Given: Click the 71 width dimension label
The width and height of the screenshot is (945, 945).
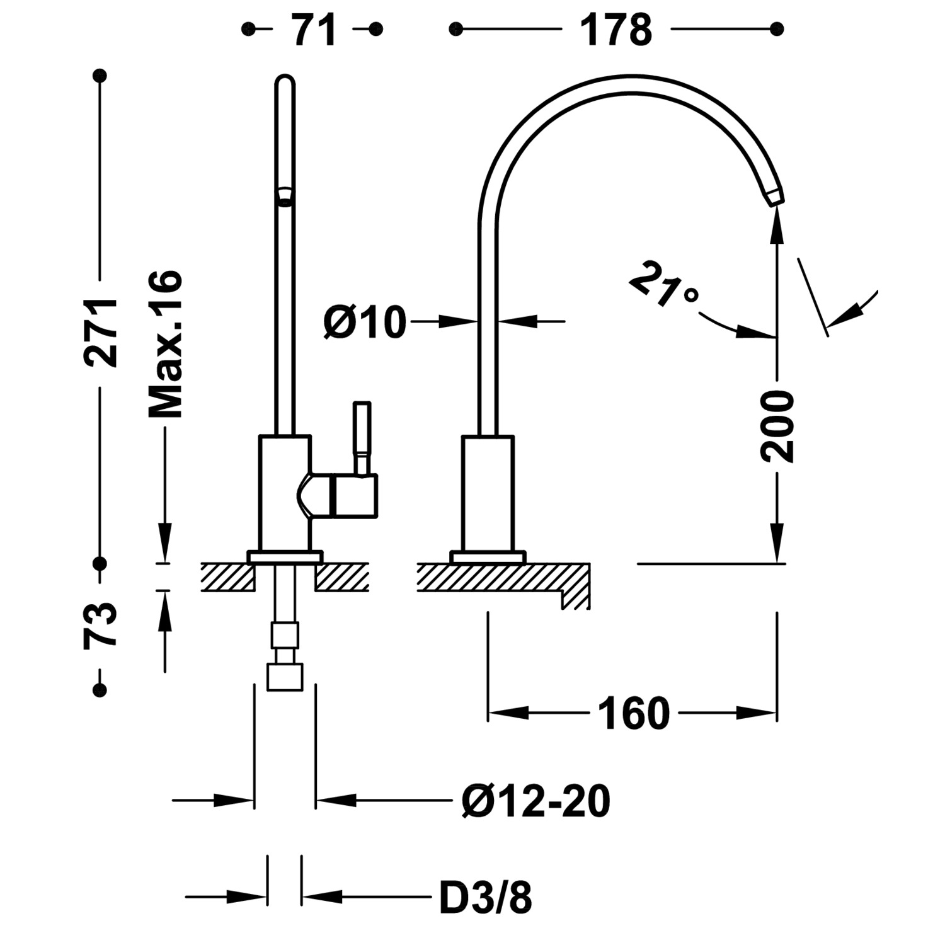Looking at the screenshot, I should point(314,30).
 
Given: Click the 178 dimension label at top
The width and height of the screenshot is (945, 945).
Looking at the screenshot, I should point(616,30).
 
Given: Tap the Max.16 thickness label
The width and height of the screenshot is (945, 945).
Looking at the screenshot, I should point(166,344).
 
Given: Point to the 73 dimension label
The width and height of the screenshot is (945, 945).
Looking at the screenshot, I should point(101,626).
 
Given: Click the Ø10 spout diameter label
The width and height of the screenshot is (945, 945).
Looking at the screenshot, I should point(364,322).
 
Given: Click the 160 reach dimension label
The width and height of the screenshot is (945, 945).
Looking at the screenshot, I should point(633,714).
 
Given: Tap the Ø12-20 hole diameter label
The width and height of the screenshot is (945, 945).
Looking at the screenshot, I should point(535,801).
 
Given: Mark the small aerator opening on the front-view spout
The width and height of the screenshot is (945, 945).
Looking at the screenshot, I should point(285,196).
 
